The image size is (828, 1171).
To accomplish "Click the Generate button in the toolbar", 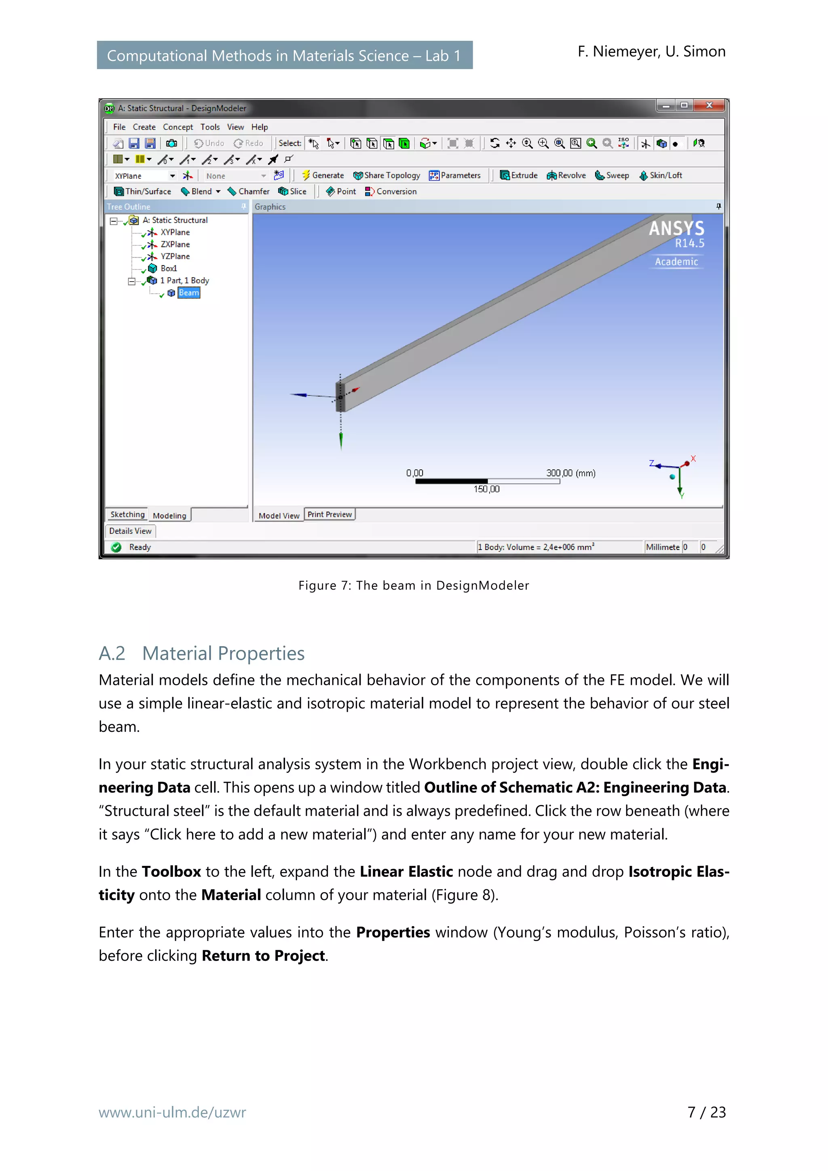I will pyautogui.click(x=323, y=175).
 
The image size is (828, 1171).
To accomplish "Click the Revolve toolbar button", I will pyautogui.click(x=566, y=175).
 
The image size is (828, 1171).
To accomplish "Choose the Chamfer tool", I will pyautogui.click(x=249, y=191).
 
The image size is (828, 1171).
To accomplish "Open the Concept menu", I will pyautogui.click(x=177, y=127).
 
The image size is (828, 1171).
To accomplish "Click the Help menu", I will pyautogui.click(x=259, y=127).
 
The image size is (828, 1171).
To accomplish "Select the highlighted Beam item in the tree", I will pyautogui.click(x=188, y=293).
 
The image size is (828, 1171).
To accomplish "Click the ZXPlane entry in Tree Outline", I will pyautogui.click(x=175, y=244).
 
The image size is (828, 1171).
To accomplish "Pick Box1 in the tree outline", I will pyautogui.click(x=168, y=268).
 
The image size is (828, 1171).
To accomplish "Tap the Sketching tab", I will pyautogui.click(x=127, y=515).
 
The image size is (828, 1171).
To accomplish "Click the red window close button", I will pyautogui.click(x=709, y=105).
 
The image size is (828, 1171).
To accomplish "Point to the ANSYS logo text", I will pyautogui.click(x=676, y=228).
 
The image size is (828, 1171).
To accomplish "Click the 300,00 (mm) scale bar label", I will pyautogui.click(x=570, y=473).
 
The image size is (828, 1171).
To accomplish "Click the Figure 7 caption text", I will pyautogui.click(x=414, y=585).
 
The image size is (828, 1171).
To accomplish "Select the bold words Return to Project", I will pyautogui.click(x=263, y=956).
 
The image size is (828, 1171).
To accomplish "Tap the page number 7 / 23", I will pyautogui.click(x=706, y=1112).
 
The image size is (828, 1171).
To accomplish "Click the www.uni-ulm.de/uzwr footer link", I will pyautogui.click(x=173, y=1112).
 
